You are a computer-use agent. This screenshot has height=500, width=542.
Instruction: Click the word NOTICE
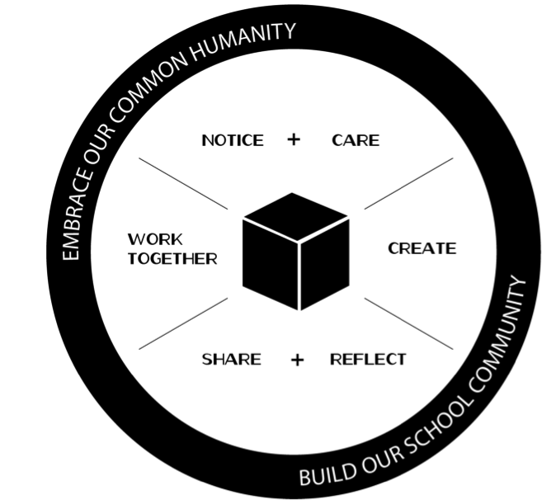pyautogui.click(x=233, y=140)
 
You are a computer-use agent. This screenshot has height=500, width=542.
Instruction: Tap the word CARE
pyautogui.click(x=356, y=140)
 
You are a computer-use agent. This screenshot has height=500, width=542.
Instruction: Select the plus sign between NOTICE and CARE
pyautogui.click(x=294, y=139)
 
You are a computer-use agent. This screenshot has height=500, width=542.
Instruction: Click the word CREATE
pyautogui.click(x=422, y=248)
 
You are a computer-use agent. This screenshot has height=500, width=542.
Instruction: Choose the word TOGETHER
pyautogui.click(x=172, y=259)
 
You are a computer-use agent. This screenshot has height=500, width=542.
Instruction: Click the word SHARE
pyautogui.click(x=232, y=359)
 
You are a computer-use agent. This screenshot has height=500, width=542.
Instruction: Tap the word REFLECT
pyautogui.click(x=368, y=359)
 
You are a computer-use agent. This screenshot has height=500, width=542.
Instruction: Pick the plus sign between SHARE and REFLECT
pyautogui.click(x=297, y=359)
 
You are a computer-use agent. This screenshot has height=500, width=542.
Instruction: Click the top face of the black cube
pyautogui.click(x=295, y=215)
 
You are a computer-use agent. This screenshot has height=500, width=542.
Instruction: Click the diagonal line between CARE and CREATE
pyautogui.click(x=408, y=183)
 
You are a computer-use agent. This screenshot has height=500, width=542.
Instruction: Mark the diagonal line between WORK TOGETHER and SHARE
pyautogui.click(x=183, y=323)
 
